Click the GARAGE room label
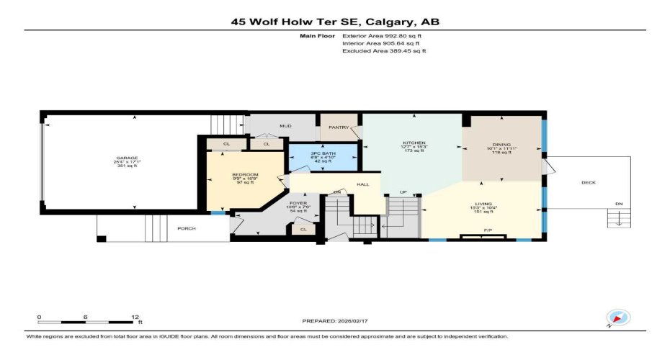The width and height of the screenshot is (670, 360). (x=128, y=158)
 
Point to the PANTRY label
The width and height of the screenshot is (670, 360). (x=339, y=127)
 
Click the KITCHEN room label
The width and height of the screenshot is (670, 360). (x=414, y=143)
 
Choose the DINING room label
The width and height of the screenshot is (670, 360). (x=501, y=143)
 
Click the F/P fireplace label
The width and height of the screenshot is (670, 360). (x=488, y=231)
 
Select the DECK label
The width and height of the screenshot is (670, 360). (x=589, y=183)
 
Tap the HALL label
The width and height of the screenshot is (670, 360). (x=363, y=184)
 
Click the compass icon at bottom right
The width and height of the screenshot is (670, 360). (x=618, y=318)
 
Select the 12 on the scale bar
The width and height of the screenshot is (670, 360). (x=135, y=317)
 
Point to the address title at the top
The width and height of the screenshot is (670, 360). (x=335, y=22)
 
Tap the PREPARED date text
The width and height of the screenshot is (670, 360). (x=334, y=320)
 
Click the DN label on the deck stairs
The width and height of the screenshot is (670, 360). (x=618, y=204)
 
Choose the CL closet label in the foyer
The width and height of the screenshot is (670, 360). (x=303, y=230)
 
